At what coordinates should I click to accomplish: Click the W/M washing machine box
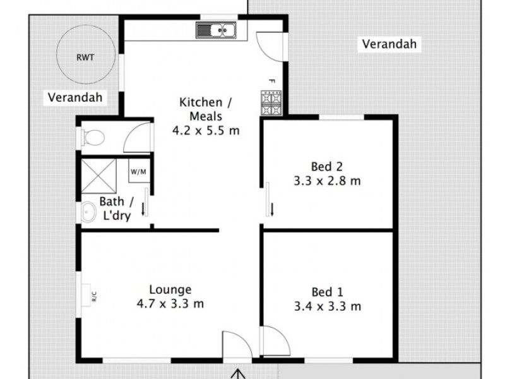click(138, 171)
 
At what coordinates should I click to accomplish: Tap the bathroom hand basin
click(86, 213)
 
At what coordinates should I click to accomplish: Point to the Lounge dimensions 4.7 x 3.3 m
click(170, 304)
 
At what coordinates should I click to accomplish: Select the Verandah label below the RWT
click(74, 97)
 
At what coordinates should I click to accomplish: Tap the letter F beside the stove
click(271, 81)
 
